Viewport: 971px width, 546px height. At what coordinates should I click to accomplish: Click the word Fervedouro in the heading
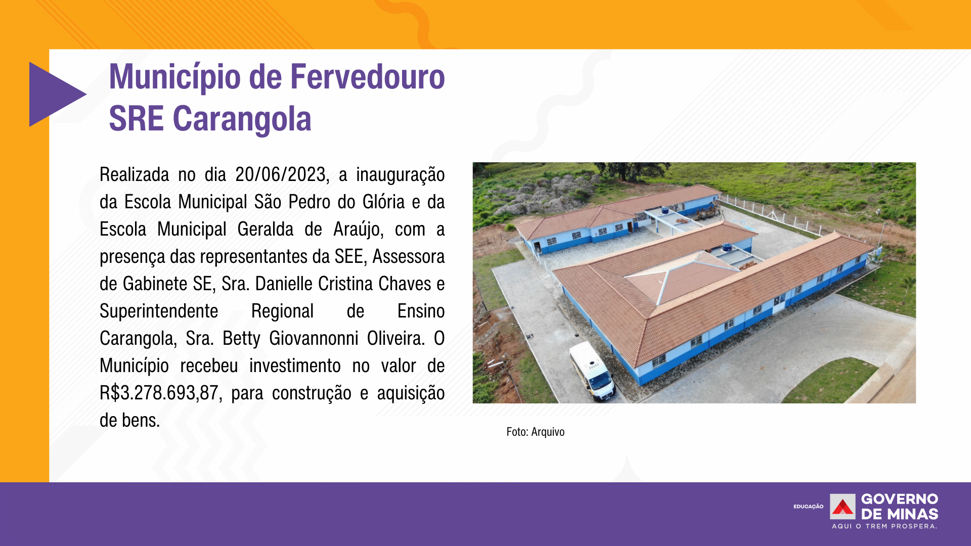(x=368, y=77)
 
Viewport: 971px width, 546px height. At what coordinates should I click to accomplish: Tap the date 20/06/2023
(x=282, y=175)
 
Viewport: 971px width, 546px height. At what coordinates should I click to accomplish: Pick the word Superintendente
(x=159, y=311)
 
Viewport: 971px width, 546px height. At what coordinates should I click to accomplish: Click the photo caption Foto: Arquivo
(x=536, y=432)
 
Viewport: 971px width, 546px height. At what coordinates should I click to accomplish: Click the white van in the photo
(x=592, y=372)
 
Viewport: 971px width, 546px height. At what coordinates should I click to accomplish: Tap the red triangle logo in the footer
(x=843, y=507)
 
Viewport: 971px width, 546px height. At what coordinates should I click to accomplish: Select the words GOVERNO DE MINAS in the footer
(x=900, y=507)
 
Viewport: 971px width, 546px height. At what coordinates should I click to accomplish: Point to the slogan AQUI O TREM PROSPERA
(x=885, y=526)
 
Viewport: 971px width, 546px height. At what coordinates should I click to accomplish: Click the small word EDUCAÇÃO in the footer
(x=808, y=507)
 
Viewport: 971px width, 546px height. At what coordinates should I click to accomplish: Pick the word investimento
(x=295, y=366)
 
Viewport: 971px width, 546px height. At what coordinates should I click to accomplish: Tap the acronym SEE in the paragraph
(x=349, y=257)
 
